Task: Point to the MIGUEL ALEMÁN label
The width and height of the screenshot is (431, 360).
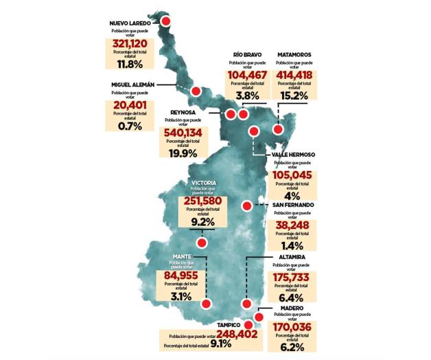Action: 134,85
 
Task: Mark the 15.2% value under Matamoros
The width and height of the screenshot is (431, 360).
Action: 294,96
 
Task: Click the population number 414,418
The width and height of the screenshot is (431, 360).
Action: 294,76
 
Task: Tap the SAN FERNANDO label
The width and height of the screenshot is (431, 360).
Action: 293,205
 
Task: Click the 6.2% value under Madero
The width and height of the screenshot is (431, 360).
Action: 292,348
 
